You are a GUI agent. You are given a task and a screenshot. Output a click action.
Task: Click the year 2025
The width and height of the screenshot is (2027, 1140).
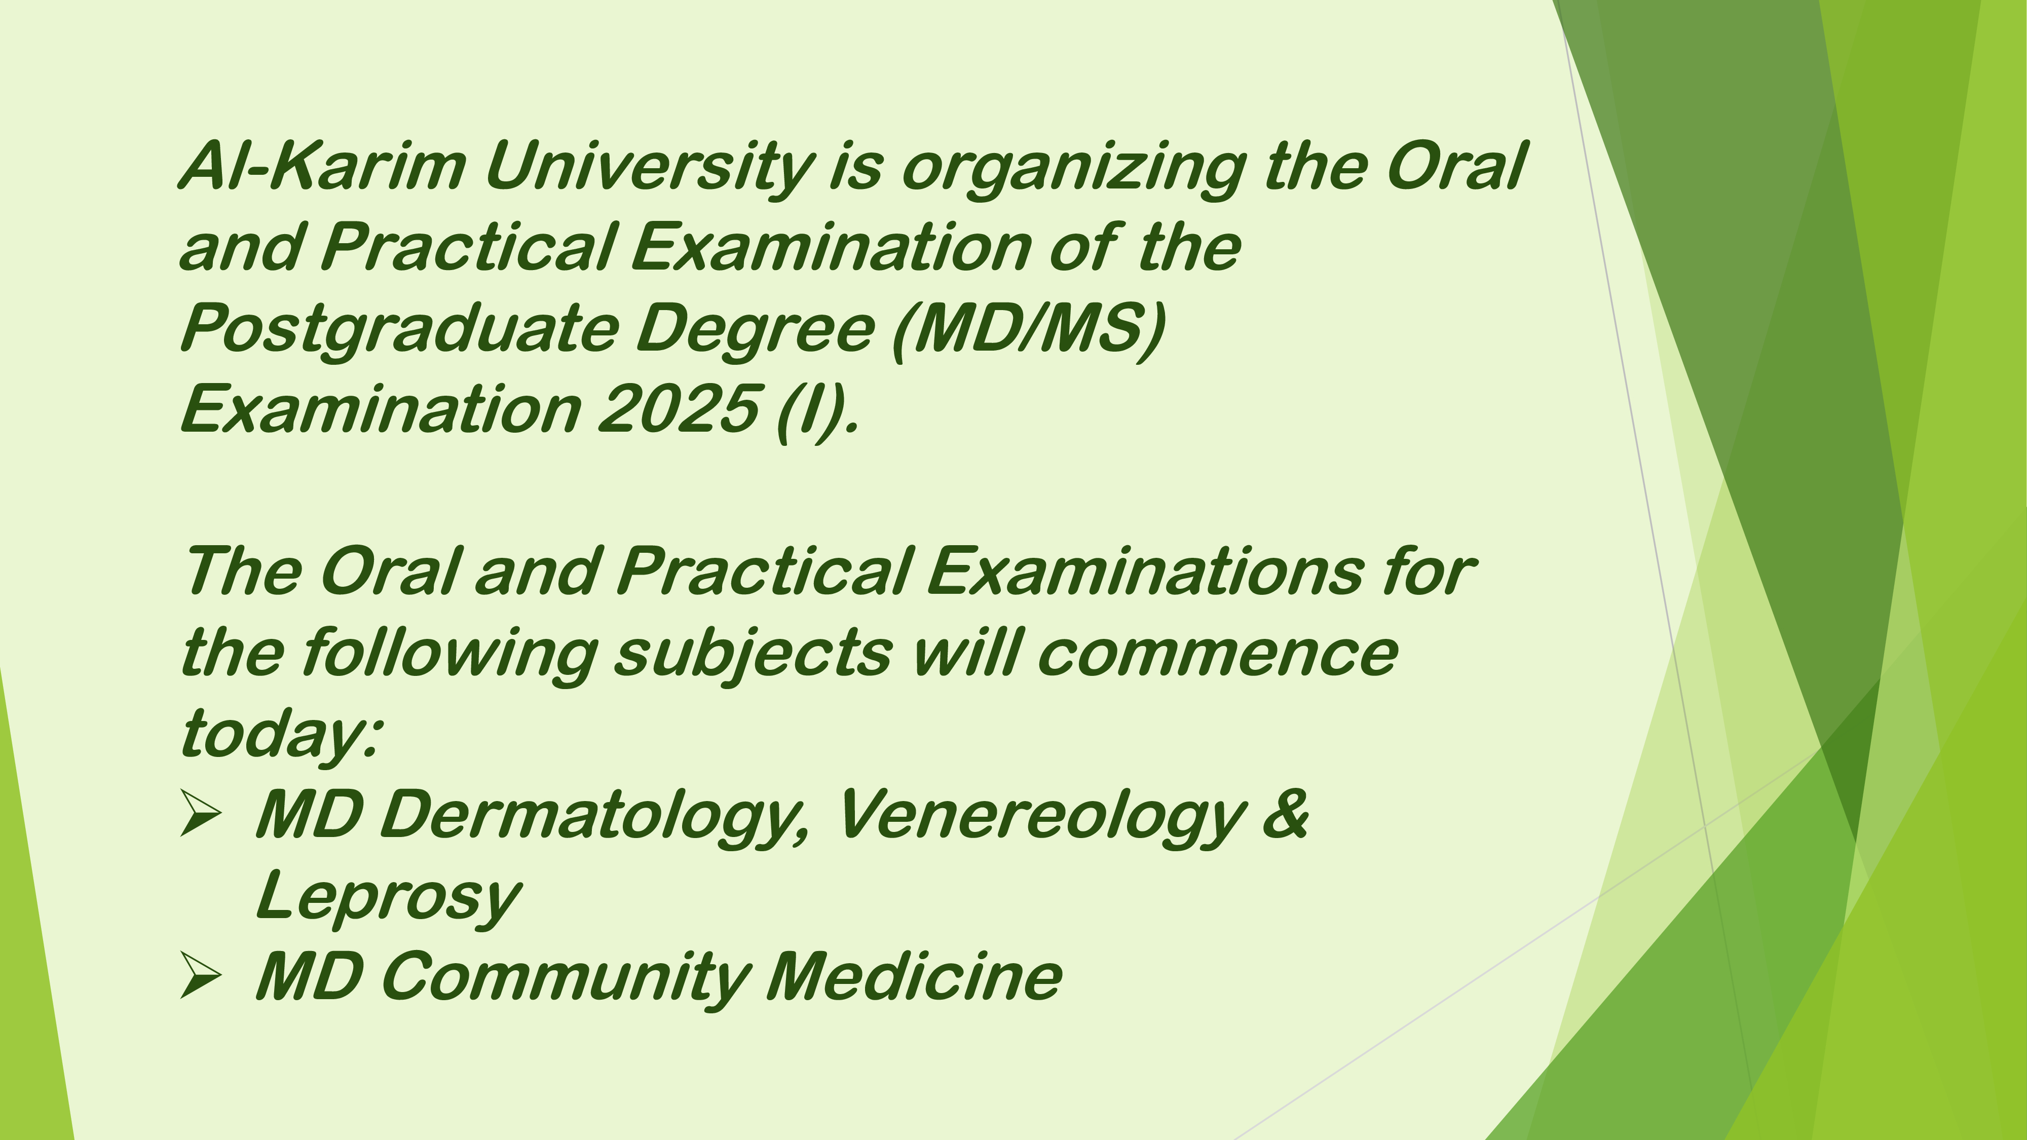click(679, 408)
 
